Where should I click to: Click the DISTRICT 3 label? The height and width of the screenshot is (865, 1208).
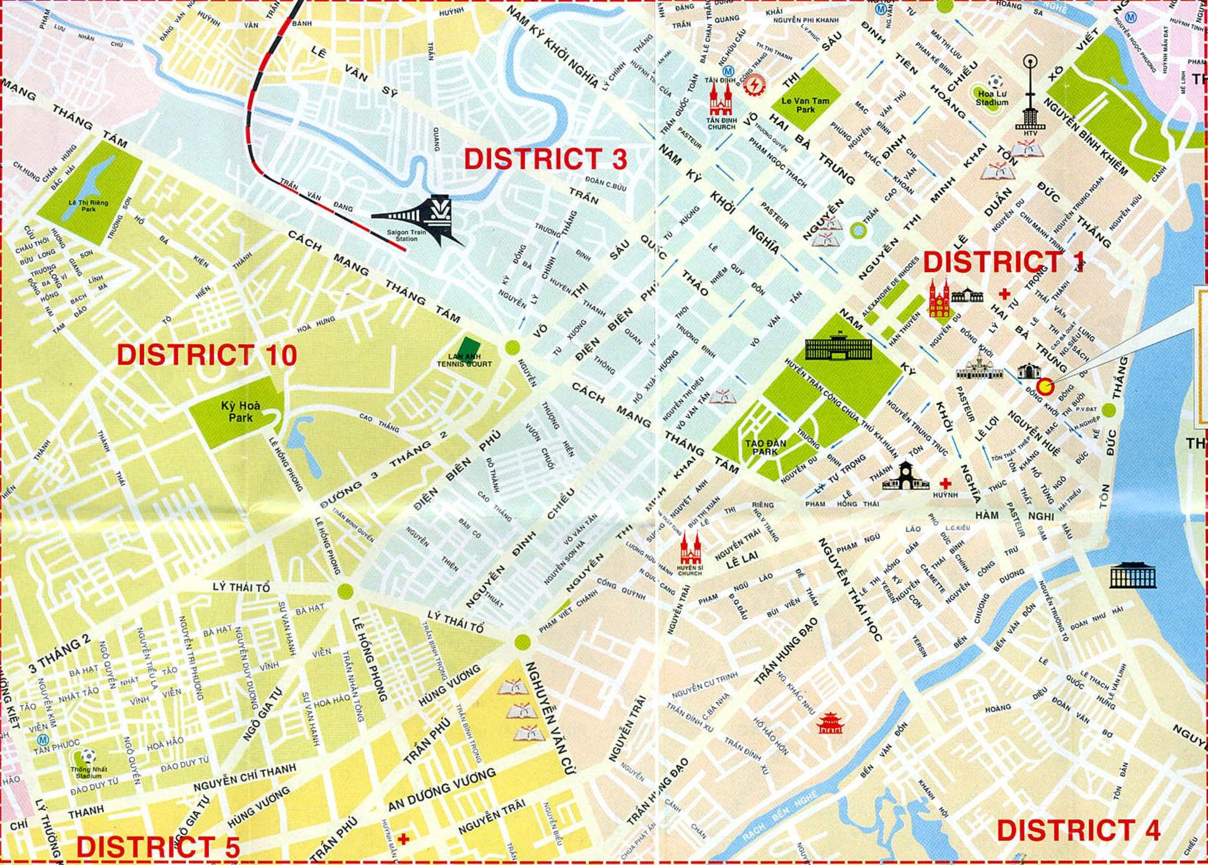pyautogui.click(x=545, y=158)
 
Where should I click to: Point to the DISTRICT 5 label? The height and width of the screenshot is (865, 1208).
pyautogui.click(x=158, y=847)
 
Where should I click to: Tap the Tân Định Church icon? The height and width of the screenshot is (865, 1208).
pyautogui.click(x=721, y=101)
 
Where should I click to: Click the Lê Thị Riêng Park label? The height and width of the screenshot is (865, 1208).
pyautogui.click(x=90, y=206)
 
